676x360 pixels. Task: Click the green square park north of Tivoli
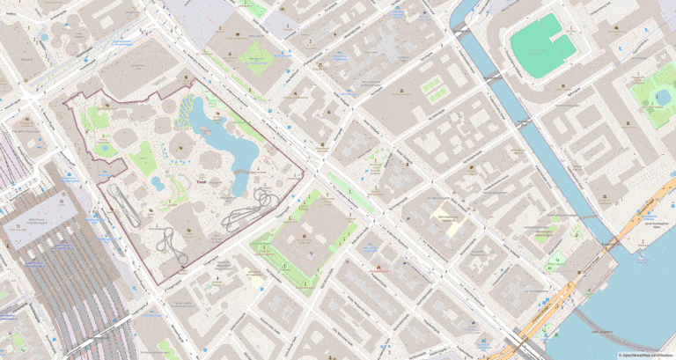[256, 53]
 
